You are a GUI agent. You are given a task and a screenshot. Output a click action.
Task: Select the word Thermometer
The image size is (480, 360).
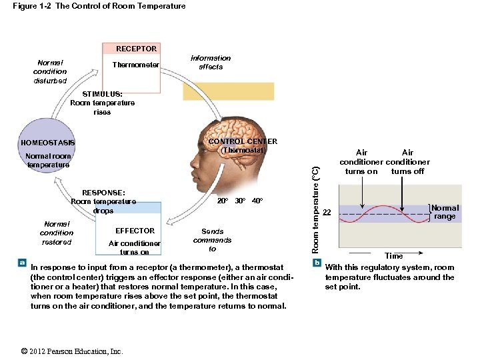click(x=135, y=65)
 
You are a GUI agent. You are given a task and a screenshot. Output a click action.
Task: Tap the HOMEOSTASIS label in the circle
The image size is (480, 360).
click(x=48, y=143)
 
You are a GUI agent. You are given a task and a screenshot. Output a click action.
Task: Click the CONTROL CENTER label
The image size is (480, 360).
click(x=243, y=141)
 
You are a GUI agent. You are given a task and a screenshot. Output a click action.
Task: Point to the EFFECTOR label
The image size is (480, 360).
click(x=135, y=231)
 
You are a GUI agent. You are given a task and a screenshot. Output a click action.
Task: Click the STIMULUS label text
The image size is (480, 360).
click(x=102, y=95)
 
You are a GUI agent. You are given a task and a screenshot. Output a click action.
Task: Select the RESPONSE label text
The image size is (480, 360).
click(x=103, y=193)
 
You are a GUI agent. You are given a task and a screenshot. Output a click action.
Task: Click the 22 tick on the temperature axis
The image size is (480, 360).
click(x=327, y=213)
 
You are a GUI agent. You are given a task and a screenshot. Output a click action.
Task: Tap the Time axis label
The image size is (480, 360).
click(x=393, y=256)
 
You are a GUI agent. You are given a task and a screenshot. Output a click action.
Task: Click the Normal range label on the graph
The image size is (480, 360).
click(x=445, y=212)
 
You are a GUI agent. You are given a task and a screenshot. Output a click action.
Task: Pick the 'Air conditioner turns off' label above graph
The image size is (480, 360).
click(x=407, y=162)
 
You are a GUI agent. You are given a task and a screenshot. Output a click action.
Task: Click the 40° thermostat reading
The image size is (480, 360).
click(x=257, y=201)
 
